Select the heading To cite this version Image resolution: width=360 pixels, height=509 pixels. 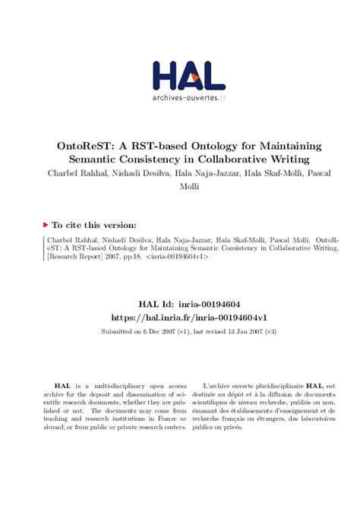[x=94, y=225]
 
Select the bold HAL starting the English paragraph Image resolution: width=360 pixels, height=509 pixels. [x=62, y=387]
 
